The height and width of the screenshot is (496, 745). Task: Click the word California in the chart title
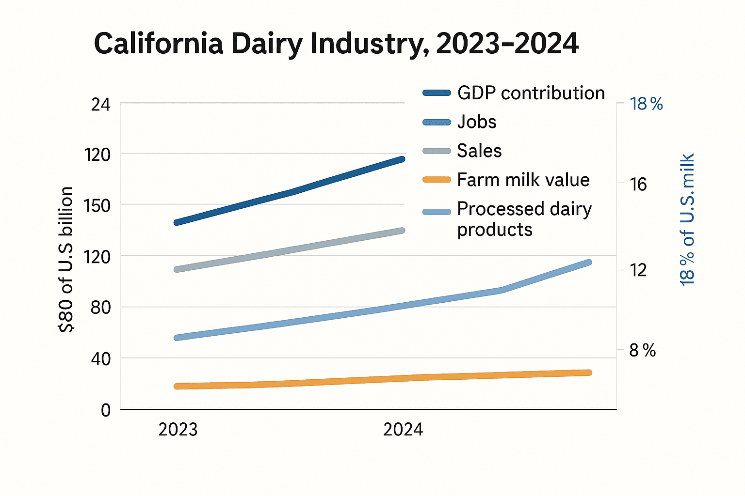158,44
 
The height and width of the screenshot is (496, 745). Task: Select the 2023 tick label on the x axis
178,430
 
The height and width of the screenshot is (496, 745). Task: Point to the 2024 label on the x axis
403,430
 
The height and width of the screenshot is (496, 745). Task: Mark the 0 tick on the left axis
106,410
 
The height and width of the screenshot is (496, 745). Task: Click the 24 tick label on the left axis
100,105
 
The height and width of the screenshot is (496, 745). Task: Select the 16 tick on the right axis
638,185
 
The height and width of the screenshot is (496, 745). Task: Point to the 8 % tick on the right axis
642,350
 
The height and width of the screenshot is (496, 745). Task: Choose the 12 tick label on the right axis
638,270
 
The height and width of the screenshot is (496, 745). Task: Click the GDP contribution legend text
531,93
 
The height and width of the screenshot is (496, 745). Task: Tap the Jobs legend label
477,122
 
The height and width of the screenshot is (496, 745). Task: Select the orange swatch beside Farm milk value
437,180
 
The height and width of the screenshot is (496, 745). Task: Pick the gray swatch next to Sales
437,151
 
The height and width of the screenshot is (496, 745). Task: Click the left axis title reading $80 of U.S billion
66,259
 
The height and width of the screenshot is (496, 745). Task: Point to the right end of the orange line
589,372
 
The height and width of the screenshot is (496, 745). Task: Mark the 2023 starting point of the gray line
177,269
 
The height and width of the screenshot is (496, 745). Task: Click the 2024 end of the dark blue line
402,159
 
